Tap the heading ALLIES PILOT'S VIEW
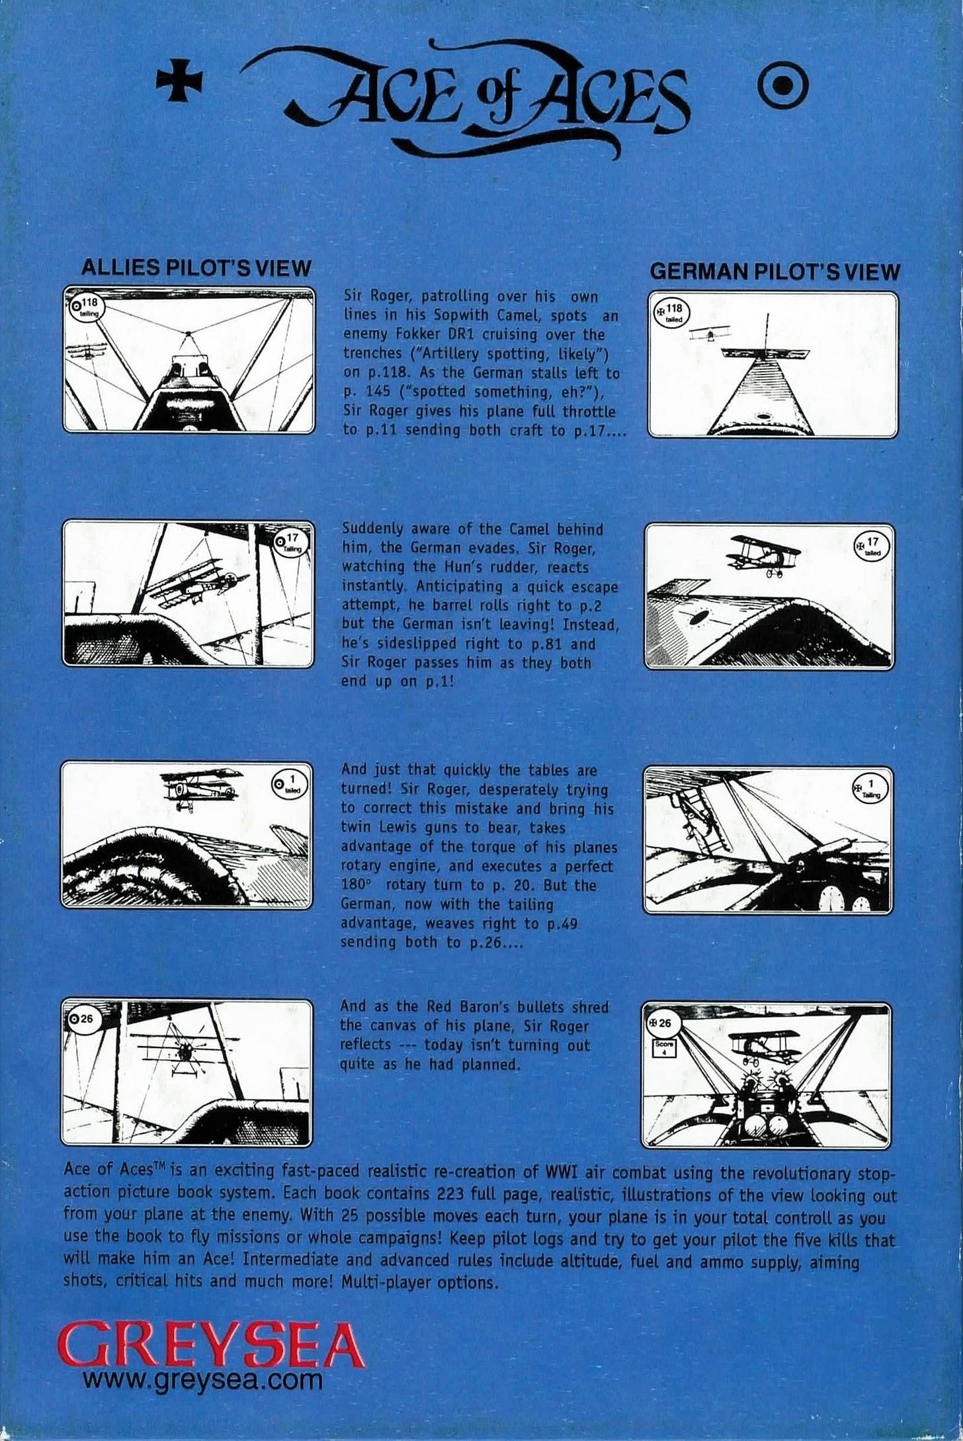[x=195, y=267]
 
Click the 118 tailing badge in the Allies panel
[x=85, y=307]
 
